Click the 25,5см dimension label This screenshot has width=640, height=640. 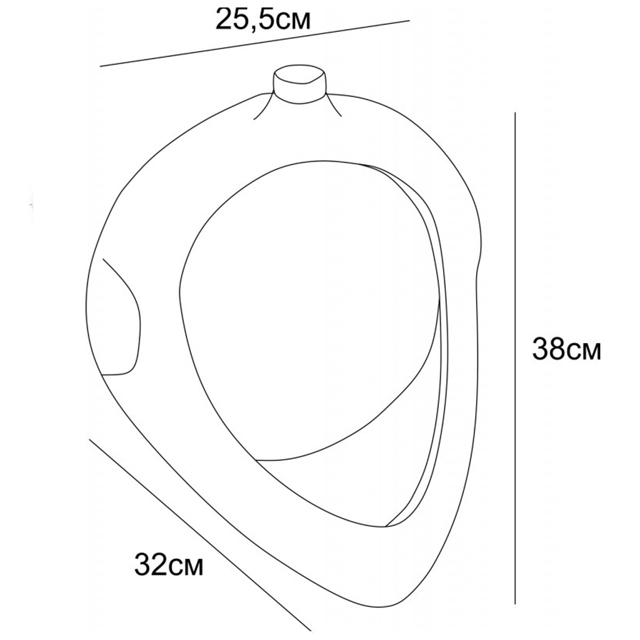tap(263, 20)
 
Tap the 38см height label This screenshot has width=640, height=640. tap(566, 348)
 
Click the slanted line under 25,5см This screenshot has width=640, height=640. tap(255, 44)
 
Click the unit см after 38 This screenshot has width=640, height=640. tap(585, 352)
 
